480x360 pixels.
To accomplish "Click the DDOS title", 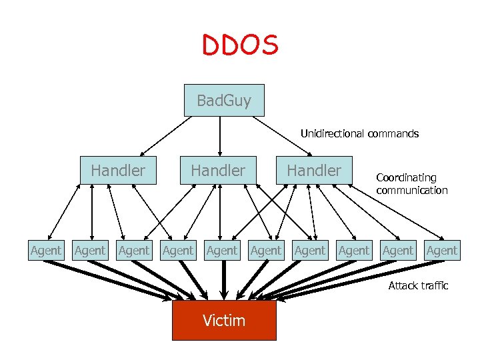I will coord(240,45).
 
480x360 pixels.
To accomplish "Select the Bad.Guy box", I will coord(224,101).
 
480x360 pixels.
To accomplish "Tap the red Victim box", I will coord(224,321).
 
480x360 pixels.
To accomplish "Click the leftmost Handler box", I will coord(118,171).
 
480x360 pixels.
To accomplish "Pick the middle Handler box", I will coord(218,171).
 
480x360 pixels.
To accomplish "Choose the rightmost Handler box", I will coord(314,171).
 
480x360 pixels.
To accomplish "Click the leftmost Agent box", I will coord(46,251).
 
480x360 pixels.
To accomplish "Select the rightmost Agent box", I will coord(442,251).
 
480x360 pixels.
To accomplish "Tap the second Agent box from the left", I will coord(90,251).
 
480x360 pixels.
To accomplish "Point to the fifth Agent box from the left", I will coord(222,251).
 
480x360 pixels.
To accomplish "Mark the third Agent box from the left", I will coord(134,251).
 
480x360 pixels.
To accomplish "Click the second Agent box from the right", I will coord(398,251).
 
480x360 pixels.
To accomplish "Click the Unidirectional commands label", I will coord(359,134).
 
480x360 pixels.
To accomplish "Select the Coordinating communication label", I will coord(411,184).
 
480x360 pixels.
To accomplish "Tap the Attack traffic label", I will coord(418,286).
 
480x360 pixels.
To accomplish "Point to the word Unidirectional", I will coord(331,134).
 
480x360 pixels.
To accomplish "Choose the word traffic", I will coord(434,286).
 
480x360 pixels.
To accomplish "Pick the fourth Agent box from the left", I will coord(178,251).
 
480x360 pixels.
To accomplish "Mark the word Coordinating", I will coord(406,178).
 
